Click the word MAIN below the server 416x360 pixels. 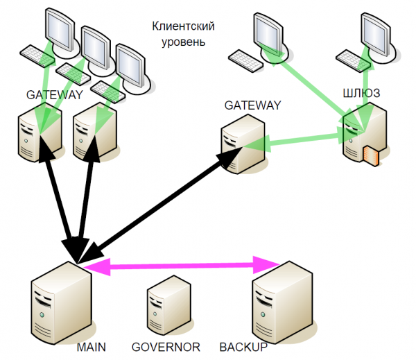[x=92, y=346]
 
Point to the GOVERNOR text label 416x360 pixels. [x=166, y=346]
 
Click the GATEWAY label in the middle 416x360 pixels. [x=252, y=105]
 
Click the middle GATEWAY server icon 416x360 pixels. [x=242, y=142]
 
